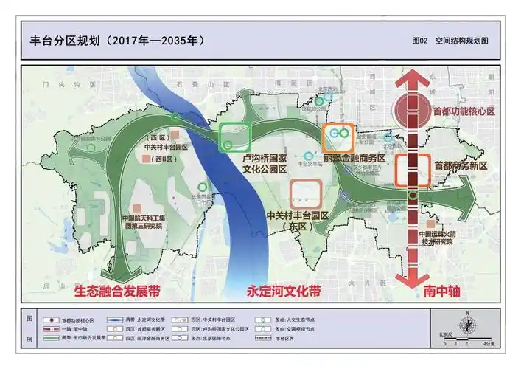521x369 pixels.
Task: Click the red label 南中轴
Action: pos(442,290)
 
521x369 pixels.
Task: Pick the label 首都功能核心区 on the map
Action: pos(464,112)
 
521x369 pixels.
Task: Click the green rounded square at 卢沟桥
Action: pos(235,137)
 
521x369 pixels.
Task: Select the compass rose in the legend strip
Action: pos(464,324)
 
